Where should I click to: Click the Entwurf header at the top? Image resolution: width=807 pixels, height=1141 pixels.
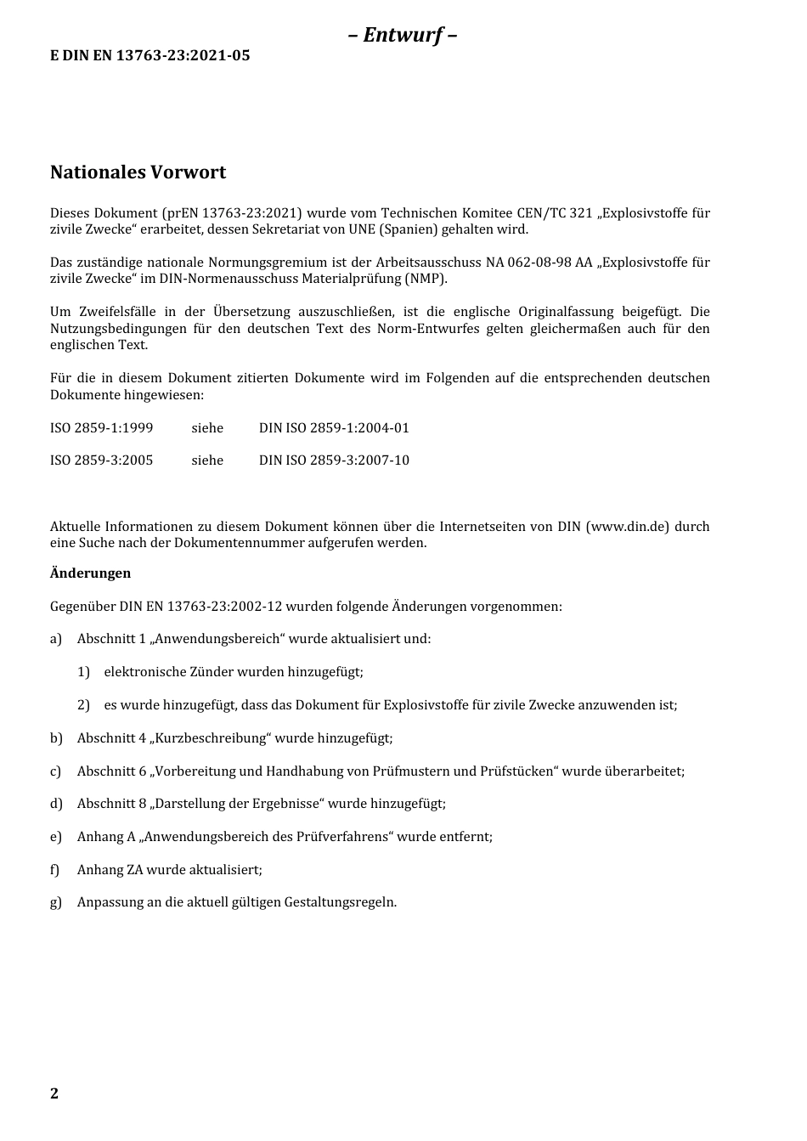[x=403, y=35]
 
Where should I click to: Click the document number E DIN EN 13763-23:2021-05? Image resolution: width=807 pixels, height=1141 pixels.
[x=150, y=56]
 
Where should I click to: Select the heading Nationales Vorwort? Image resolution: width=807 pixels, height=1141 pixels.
[x=138, y=172]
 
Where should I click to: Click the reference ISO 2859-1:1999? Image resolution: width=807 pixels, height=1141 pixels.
[x=101, y=428]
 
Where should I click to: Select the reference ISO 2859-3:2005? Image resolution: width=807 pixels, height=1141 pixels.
[x=101, y=460]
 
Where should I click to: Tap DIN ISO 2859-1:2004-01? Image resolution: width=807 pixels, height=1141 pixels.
[x=334, y=428]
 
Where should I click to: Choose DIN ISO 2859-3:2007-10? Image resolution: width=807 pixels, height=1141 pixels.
[x=334, y=460]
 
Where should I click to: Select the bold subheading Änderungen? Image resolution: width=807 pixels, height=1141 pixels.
[x=90, y=573]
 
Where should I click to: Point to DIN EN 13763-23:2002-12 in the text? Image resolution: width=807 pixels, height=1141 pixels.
[x=200, y=607]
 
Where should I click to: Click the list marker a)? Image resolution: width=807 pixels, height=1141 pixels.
[x=56, y=639]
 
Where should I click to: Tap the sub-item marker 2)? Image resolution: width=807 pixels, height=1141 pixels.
[x=83, y=705]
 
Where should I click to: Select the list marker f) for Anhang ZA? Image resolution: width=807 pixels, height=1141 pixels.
[x=55, y=870]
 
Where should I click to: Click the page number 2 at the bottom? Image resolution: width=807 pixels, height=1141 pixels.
[x=54, y=1093]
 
